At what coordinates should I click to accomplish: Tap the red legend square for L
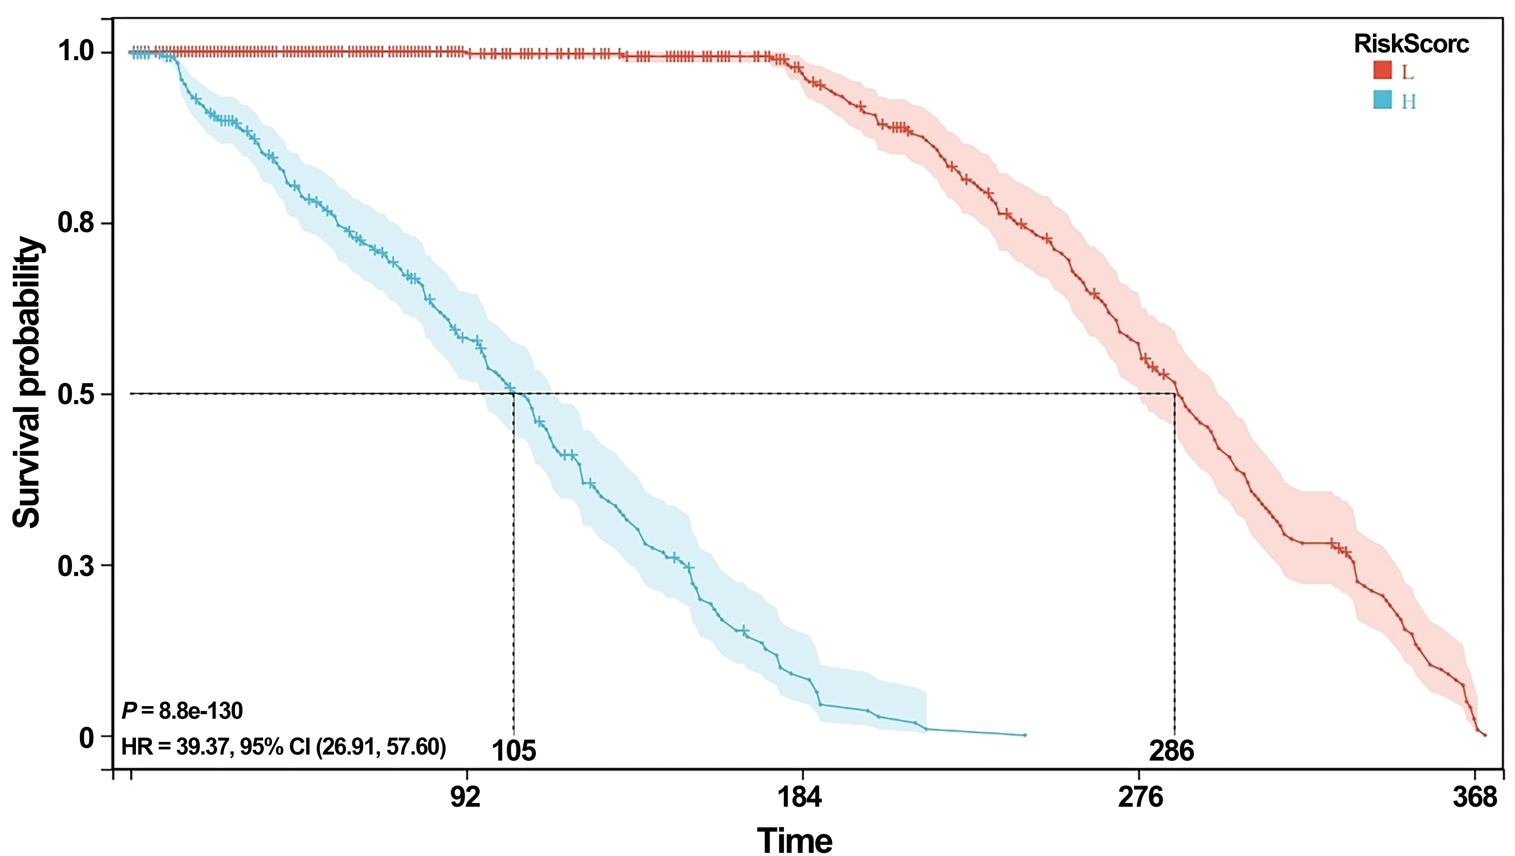[1382, 70]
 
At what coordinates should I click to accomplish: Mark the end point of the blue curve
[1025, 735]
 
